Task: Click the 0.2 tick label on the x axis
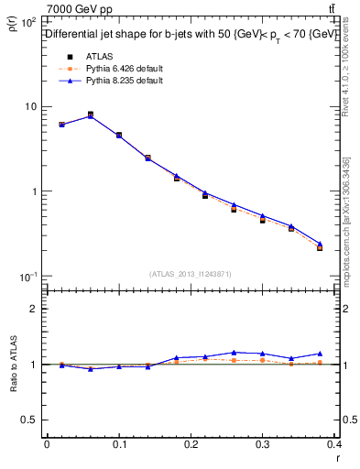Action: point(191,443)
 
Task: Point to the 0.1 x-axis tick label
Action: point(118,443)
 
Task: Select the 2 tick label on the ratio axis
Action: point(33,310)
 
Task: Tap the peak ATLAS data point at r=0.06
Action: point(90,115)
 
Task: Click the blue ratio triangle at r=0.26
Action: point(235,352)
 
